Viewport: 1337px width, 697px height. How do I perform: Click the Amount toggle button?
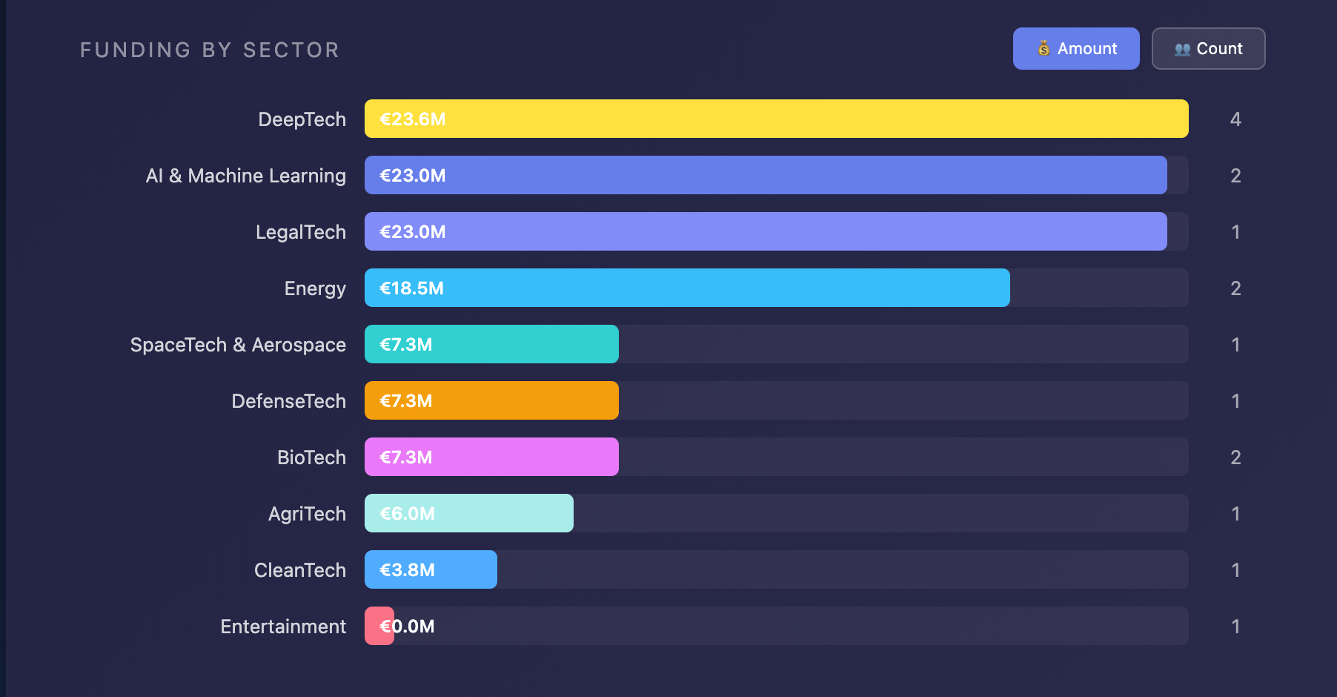click(x=1075, y=49)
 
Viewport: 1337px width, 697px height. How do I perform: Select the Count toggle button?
click(x=1208, y=49)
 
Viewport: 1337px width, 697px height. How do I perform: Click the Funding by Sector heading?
click(x=210, y=50)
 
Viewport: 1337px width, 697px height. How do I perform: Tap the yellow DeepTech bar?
click(x=776, y=119)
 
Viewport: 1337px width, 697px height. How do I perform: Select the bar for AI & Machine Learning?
click(x=766, y=175)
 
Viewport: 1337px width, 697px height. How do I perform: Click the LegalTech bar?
click(x=766, y=231)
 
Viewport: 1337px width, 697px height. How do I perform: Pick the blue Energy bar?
click(x=687, y=288)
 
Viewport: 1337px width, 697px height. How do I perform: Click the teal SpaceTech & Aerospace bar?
click(x=491, y=344)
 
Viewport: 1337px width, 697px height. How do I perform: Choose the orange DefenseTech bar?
click(x=491, y=400)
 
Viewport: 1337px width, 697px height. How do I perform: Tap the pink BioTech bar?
click(x=491, y=457)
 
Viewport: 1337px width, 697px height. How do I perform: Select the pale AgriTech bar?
click(x=469, y=513)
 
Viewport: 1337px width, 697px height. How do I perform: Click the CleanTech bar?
click(x=431, y=569)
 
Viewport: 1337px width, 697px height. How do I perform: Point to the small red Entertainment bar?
click(x=379, y=626)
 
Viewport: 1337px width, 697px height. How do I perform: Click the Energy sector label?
click(x=315, y=288)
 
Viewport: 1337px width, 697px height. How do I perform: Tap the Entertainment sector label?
click(x=283, y=627)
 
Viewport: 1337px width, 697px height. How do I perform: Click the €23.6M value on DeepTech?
click(x=412, y=119)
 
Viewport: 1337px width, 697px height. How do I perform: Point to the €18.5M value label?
click(x=411, y=288)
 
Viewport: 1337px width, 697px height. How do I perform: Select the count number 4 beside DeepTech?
click(x=1235, y=119)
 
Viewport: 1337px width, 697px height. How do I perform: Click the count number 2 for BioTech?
click(x=1235, y=457)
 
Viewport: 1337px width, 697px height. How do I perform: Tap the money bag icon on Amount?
click(x=1044, y=49)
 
